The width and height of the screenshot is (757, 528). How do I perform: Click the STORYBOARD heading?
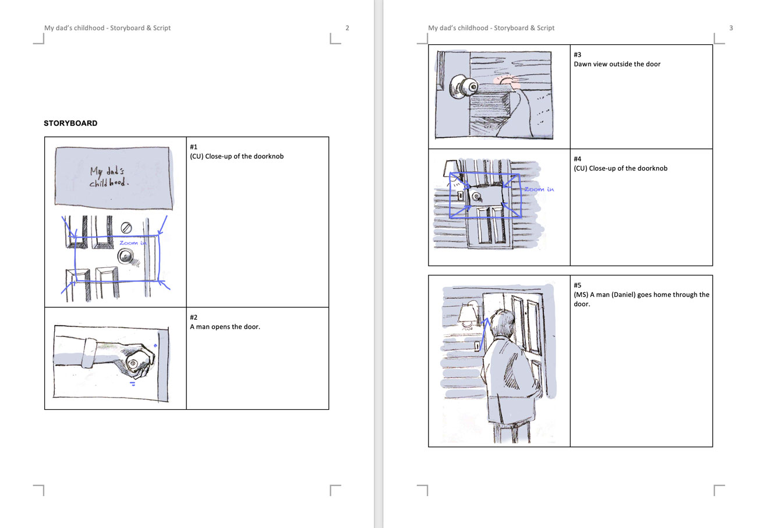[70, 123]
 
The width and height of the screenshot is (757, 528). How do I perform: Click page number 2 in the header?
[347, 28]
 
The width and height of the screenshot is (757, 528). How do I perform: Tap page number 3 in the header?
[731, 28]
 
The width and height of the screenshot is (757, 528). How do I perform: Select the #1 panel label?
[194, 147]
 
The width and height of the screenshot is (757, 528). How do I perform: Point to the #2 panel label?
[194, 317]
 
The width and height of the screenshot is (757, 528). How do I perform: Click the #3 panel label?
[578, 54]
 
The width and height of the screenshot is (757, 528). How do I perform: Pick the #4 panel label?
[578, 159]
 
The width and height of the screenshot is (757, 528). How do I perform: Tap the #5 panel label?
[578, 285]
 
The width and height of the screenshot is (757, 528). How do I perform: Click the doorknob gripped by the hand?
[133, 363]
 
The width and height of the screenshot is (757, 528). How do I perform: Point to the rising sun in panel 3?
[506, 81]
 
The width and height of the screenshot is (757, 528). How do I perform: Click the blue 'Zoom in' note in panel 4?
[539, 189]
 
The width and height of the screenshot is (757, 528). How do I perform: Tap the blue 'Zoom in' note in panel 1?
[133, 243]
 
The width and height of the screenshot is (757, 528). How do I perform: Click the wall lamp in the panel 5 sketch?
[468, 314]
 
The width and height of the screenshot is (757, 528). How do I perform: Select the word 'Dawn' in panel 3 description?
[582, 64]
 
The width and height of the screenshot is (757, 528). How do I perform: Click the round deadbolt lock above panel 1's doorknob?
[126, 228]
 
